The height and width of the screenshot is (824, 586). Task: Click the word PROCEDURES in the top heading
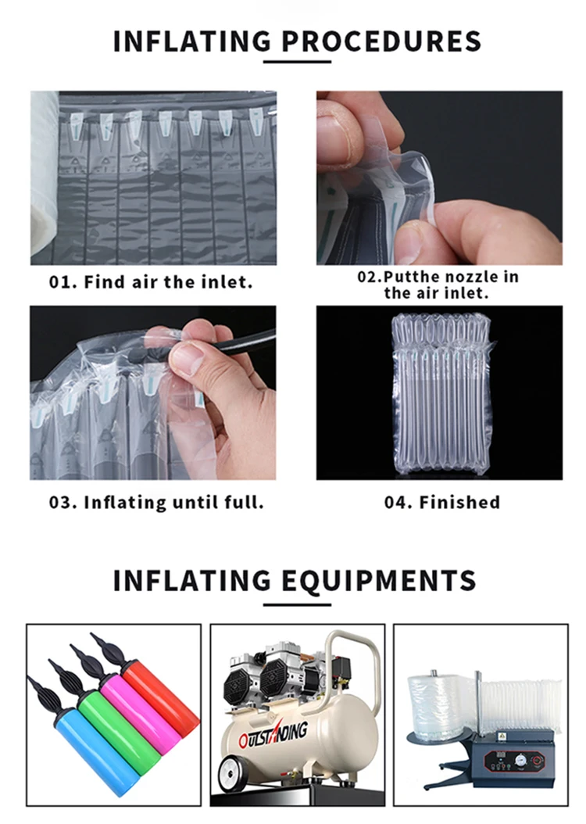[x=381, y=40]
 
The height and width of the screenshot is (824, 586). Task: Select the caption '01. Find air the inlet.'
[x=152, y=282]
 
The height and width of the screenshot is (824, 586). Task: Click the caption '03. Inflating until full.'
[x=156, y=503]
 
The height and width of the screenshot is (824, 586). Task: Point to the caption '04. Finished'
[x=441, y=503]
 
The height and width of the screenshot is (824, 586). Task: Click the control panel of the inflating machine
[x=507, y=751]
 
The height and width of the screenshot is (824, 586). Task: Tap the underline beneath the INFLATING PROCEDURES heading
[x=297, y=61]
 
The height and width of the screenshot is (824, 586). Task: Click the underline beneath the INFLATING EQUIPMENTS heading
[x=297, y=603]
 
